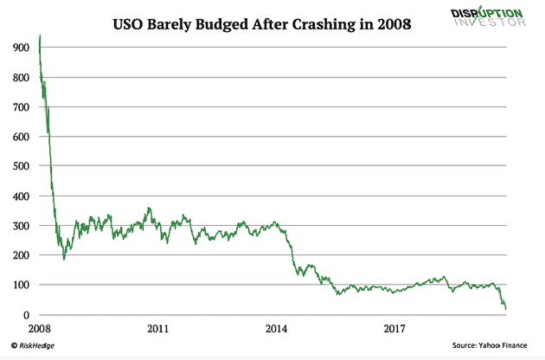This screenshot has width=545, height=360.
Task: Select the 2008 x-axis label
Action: pyautogui.click(x=39, y=329)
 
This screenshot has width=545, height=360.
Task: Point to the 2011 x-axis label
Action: pyautogui.click(x=157, y=329)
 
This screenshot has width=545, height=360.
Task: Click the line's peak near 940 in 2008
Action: pyautogui.click(x=40, y=36)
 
